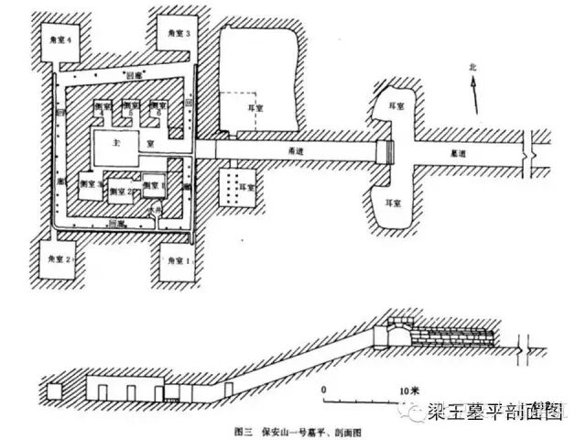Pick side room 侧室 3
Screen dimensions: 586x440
95,184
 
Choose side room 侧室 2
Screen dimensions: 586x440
122,192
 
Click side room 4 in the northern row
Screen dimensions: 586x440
103,108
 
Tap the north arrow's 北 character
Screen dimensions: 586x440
472,68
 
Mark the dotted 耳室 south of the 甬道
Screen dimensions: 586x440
236,182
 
